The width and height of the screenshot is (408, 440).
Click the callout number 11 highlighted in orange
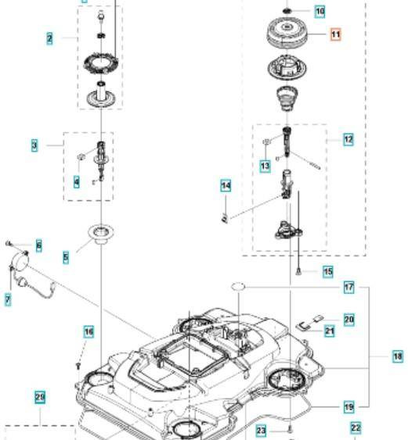point(335,34)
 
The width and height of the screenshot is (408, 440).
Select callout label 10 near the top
point(320,11)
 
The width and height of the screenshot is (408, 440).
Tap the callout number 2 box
point(50,38)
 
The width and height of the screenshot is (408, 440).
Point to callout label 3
point(34,145)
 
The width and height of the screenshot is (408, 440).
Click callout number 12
point(348,139)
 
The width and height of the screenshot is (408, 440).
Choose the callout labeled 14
point(226,186)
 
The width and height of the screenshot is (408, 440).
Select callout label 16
point(88,333)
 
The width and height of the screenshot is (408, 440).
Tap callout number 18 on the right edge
point(398,356)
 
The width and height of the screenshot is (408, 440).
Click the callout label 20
point(349,319)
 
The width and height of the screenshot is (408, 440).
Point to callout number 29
point(40,398)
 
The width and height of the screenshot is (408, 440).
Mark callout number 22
point(356,427)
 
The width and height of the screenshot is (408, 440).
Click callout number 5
point(66,256)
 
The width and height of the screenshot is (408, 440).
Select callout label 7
point(8,299)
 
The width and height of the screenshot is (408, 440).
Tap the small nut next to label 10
point(288,11)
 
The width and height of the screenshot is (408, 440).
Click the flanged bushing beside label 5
point(101,233)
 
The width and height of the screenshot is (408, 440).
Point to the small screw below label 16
point(79,363)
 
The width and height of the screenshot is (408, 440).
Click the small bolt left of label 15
point(299,271)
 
